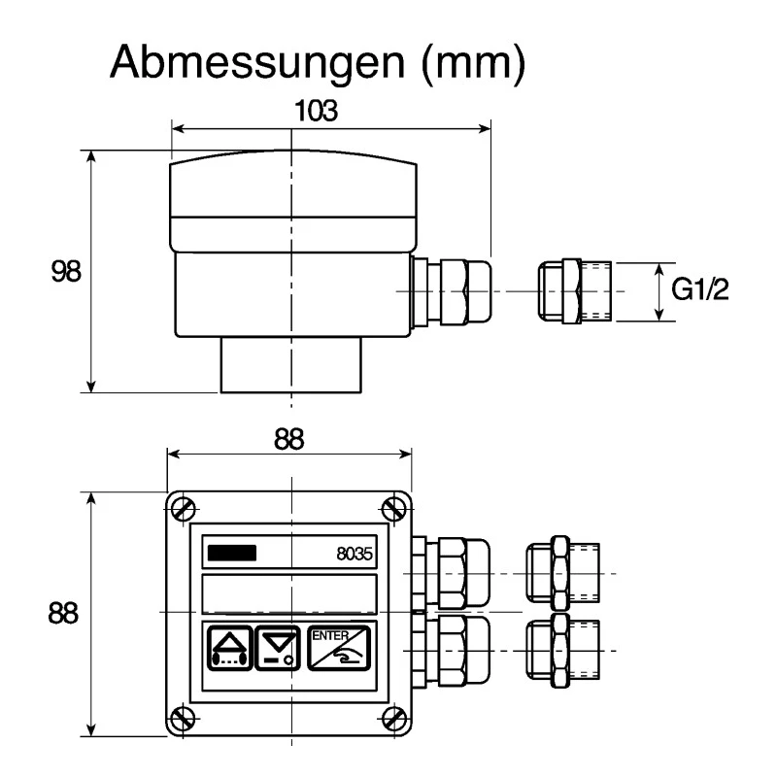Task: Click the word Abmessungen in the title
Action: coord(257,62)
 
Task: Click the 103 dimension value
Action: coord(317,111)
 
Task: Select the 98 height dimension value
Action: coord(66,271)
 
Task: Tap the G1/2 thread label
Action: coord(699,288)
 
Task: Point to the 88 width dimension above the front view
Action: coord(288,439)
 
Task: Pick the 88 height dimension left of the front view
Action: coord(63,613)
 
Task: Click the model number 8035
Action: coord(355,554)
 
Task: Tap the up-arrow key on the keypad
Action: coord(229,648)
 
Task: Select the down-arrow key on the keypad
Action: coord(278,648)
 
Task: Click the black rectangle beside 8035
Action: coord(232,553)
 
